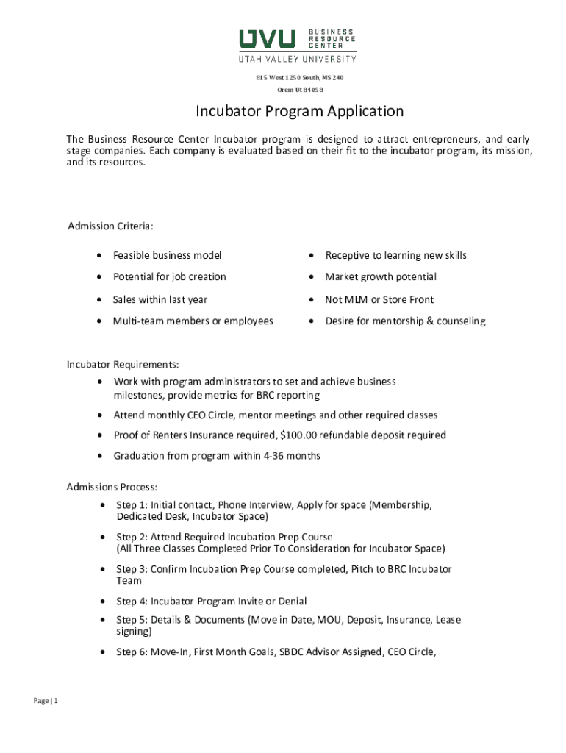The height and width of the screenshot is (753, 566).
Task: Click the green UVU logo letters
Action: coord(267,38)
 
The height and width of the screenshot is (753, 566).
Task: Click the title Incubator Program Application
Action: coord(299,111)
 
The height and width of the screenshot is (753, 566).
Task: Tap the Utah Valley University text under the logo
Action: coord(298,59)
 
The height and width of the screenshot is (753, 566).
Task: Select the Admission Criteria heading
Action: coord(110,226)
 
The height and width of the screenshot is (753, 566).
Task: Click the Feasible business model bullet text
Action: coord(167,255)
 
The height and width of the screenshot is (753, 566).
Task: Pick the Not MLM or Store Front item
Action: coord(379,299)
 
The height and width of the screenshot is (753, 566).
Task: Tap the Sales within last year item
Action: coord(160,299)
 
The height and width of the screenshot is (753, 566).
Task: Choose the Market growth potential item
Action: coord(381,276)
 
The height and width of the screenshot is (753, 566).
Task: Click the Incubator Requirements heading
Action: coord(123,365)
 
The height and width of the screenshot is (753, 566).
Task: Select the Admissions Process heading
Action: coord(112,487)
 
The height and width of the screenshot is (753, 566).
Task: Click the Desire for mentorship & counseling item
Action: coord(405,321)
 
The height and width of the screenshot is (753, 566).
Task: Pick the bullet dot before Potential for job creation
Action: coord(98,277)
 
